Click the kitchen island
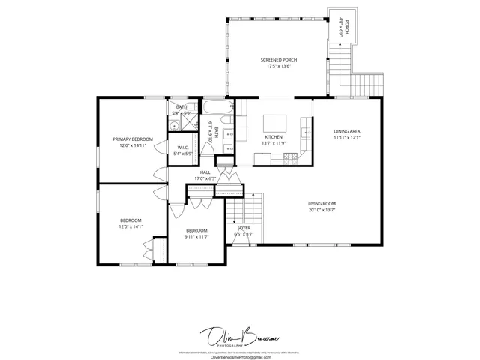click(x=274, y=121)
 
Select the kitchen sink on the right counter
click(x=307, y=133)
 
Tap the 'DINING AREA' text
click(x=347, y=131)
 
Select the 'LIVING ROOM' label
click(x=322, y=204)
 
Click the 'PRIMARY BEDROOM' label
click(x=133, y=139)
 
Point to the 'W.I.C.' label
click(x=182, y=147)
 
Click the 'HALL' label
click(x=205, y=172)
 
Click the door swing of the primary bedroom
click(x=159, y=174)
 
